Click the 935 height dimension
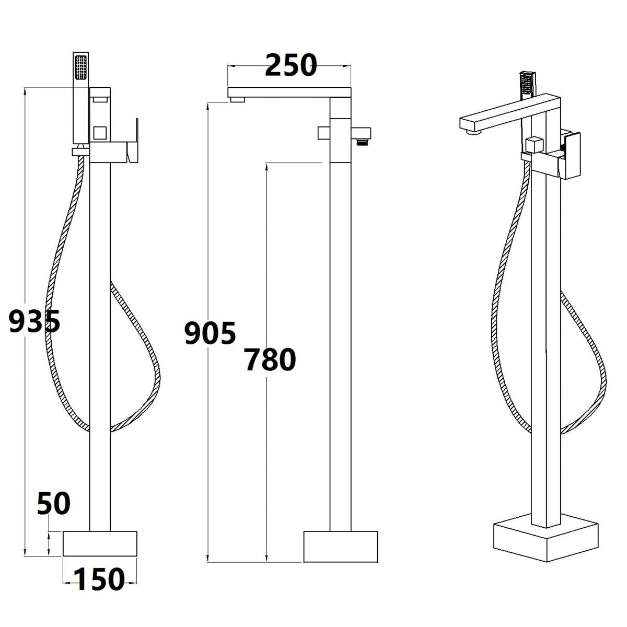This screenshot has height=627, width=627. coord(34,321)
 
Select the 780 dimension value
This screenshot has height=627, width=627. coord(270,359)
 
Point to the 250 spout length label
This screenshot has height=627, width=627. coord(291,65)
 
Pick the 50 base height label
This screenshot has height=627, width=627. coord(54,503)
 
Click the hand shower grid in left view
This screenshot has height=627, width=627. coord(80,67)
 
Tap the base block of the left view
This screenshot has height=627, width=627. coord(100,544)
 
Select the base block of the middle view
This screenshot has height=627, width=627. coord(340,547)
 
